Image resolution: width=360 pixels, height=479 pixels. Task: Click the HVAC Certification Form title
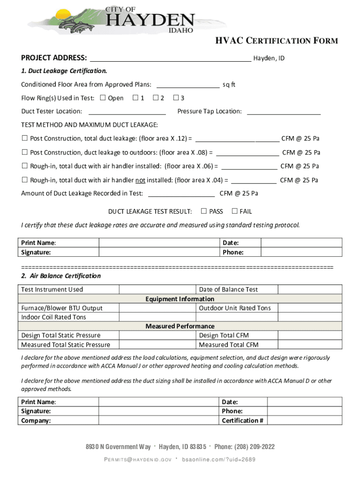(x=276, y=41)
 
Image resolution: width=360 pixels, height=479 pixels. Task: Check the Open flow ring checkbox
(x=103, y=98)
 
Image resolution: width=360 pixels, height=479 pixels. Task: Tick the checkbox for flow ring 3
(x=176, y=98)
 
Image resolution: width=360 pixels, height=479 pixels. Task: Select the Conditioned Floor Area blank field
(x=187, y=85)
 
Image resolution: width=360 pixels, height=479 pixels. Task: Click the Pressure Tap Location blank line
(x=283, y=111)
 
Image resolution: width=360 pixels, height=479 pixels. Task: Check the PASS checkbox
(x=204, y=211)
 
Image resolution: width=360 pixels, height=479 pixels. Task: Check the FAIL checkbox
(x=235, y=211)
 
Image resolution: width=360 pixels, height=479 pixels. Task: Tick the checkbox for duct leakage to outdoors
(x=25, y=152)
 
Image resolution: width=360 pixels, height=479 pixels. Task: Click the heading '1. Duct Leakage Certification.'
(x=64, y=71)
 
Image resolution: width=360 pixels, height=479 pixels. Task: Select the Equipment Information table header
(x=180, y=299)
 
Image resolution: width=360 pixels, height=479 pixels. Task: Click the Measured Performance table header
(x=180, y=326)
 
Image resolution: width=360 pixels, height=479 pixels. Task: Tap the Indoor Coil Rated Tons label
(x=54, y=317)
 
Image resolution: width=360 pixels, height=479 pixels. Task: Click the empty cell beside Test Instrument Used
(x=157, y=290)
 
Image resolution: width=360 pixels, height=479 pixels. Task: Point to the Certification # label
(x=243, y=421)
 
